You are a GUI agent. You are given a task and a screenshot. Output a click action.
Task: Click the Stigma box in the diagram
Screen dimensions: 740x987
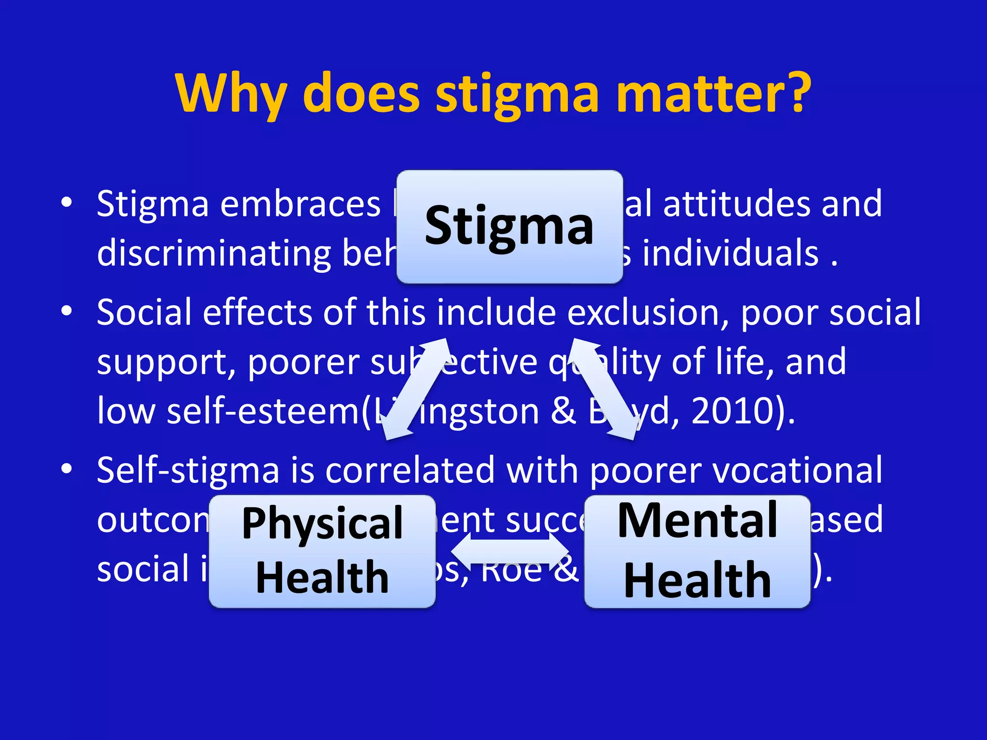509,226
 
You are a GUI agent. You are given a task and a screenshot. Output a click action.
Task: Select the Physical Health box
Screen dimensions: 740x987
322,551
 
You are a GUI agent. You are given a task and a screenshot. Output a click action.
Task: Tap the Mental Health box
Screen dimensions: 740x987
697,551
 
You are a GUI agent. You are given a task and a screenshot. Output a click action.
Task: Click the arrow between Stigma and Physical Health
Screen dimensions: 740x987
417,389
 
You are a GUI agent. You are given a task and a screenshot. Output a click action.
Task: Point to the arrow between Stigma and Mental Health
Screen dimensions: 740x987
602,389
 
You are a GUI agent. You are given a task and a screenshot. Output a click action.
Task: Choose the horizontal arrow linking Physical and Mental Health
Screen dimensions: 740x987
510,551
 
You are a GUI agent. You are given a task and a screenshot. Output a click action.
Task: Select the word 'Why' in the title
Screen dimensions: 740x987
231,94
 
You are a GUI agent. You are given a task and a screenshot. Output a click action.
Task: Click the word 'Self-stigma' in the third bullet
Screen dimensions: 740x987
188,470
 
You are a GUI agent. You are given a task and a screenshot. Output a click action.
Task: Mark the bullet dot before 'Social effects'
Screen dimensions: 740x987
67,311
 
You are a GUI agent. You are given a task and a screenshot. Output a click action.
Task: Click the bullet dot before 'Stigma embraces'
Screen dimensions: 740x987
67,202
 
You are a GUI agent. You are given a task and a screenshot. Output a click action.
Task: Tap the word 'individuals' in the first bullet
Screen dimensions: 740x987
730,253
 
